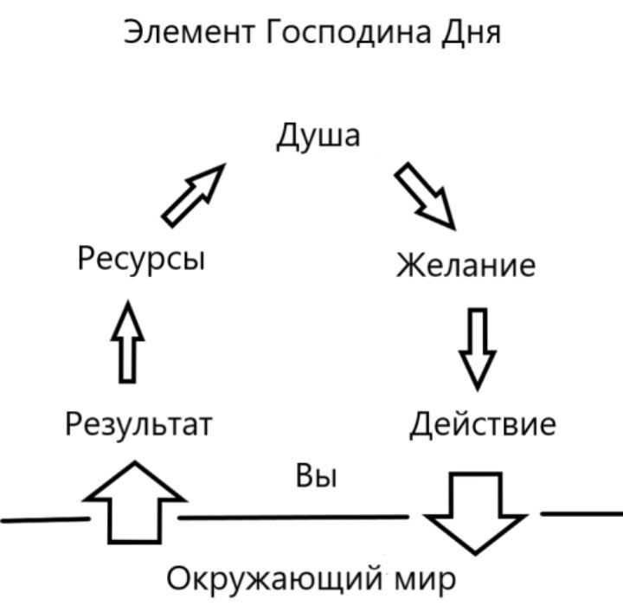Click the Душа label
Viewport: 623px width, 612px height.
[318, 137]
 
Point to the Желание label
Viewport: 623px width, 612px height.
[466, 264]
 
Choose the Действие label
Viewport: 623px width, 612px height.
[482, 424]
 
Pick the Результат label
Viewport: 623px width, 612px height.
[138, 424]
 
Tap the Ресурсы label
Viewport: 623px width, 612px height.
[141, 257]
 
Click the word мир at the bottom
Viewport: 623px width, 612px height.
[422, 577]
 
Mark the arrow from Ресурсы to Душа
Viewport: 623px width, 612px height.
[193, 196]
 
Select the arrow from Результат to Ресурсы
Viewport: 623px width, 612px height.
[128, 342]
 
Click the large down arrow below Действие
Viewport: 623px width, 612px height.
[475, 512]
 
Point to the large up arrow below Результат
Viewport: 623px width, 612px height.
[134, 502]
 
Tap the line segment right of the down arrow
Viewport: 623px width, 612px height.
[581, 513]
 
